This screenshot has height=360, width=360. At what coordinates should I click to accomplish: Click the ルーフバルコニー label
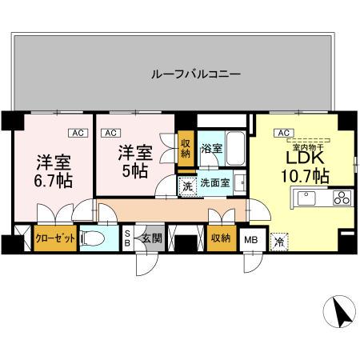[196, 74]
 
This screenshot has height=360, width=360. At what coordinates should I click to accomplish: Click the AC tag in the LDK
[282, 133]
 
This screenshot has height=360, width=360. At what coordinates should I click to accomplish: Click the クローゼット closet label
[55, 238]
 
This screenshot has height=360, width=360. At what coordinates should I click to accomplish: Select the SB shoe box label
[126, 238]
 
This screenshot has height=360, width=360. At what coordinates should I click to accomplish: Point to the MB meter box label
[250, 238]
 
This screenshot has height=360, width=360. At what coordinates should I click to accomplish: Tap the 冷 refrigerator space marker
[279, 239]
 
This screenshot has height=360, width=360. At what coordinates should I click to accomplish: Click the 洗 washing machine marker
[186, 186]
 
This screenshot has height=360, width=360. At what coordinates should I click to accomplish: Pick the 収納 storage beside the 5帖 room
[186, 150]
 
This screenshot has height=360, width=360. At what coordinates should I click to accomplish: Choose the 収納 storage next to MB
[221, 238]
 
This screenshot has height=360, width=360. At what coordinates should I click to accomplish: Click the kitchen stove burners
[341, 198]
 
